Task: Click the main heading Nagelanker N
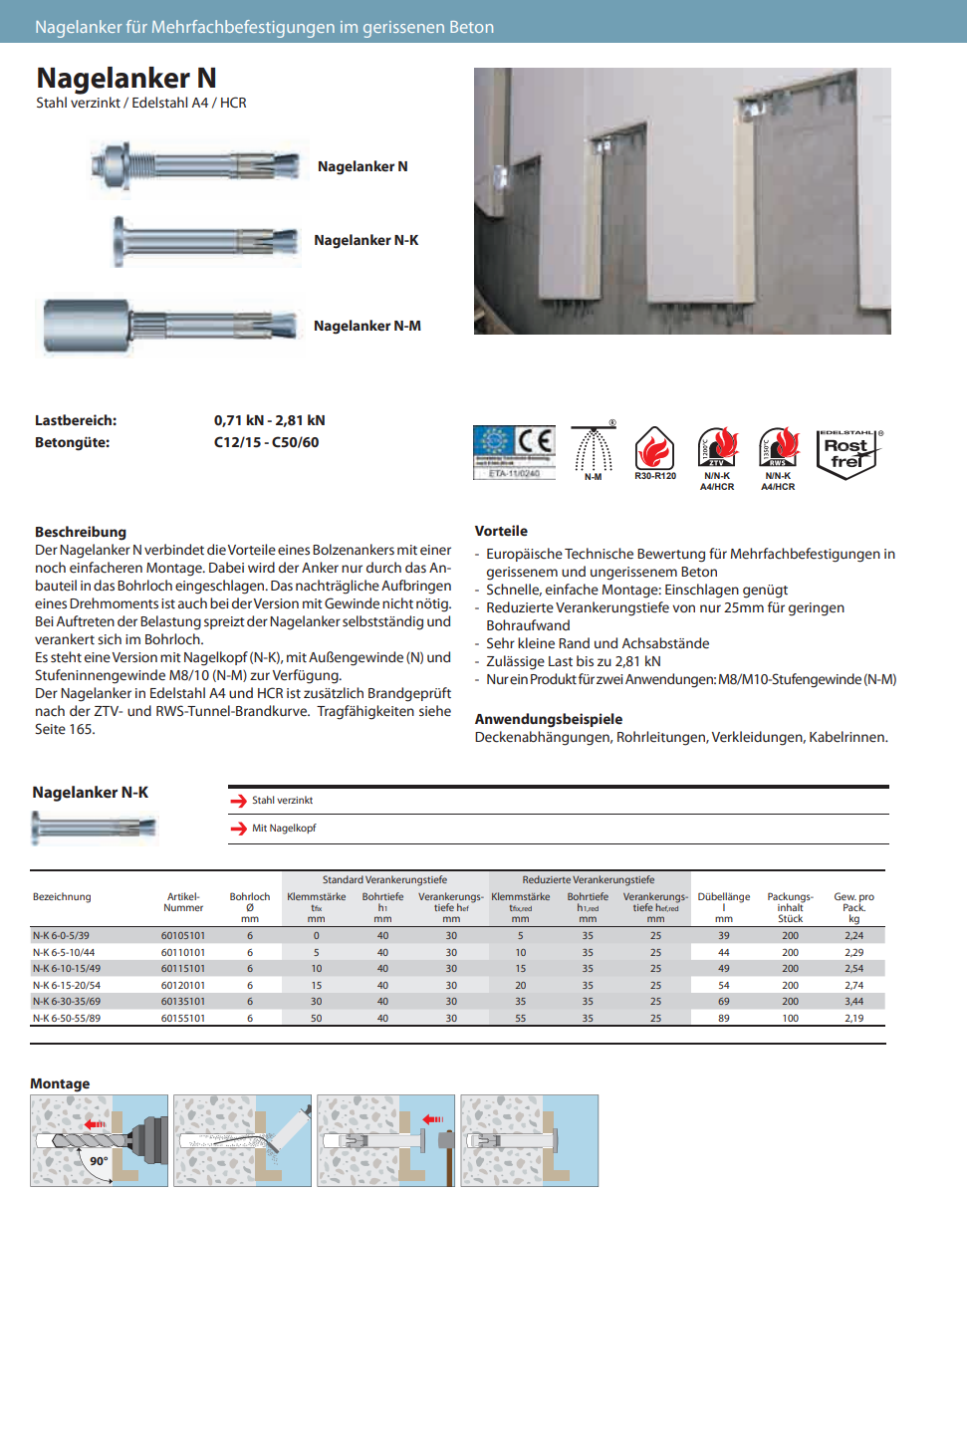[x=126, y=78]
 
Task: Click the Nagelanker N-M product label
[x=366, y=326]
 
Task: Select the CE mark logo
[x=536, y=442]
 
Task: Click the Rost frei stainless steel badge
[x=846, y=454]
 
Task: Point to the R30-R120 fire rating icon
[x=654, y=453]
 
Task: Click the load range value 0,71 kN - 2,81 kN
[x=269, y=420]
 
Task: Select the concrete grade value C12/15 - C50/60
[x=266, y=442]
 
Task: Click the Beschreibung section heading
[x=81, y=532]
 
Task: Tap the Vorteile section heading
[x=501, y=531]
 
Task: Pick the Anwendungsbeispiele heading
[x=548, y=719]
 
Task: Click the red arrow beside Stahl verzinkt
[x=238, y=801]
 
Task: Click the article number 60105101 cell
[x=183, y=936]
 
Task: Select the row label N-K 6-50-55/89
[x=66, y=1019]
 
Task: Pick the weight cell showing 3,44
[x=853, y=1002]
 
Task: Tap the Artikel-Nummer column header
[x=183, y=902]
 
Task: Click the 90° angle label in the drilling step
[x=99, y=1161]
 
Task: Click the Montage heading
[x=60, y=1083]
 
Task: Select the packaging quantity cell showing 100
[x=790, y=1019]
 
